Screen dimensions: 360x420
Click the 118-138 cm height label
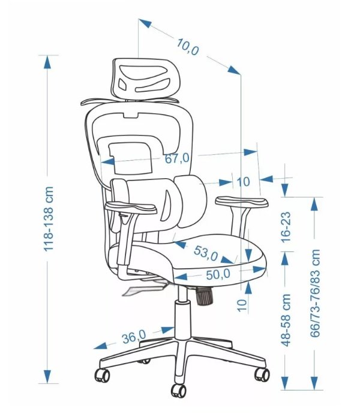point(49,218)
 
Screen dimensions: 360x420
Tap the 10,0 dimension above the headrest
point(188,47)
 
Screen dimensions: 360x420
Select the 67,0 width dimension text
point(177,158)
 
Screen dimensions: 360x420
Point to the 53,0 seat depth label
point(206,253)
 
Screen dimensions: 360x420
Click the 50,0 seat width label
point(218,274)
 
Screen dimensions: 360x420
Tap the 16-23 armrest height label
point(286,227)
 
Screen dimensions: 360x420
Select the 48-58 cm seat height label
point(286,320)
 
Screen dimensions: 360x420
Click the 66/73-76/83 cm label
point(315,293)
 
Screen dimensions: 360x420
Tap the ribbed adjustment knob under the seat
point(205,296)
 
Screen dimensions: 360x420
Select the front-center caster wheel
point(179,391)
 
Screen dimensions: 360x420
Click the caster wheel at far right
point(262,374)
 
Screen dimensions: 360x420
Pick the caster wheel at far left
point(103,375)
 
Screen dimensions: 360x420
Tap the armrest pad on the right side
point(242,202)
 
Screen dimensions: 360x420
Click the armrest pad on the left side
point(131,208)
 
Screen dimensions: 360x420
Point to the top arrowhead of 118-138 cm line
point(47,62)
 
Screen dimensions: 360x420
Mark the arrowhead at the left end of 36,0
point(100,346)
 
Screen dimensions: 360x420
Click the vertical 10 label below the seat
point(242,305)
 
